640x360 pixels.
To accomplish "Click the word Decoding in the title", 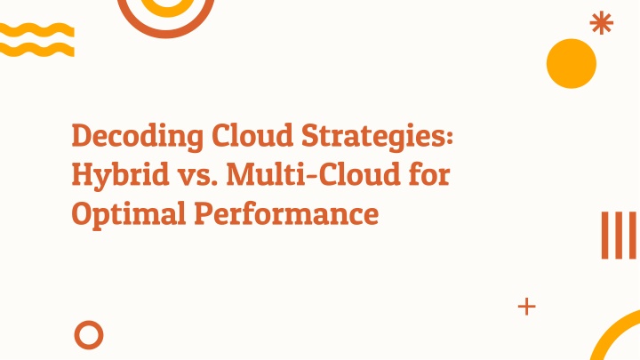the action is [137, 137].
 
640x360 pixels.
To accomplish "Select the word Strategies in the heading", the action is [372, 137].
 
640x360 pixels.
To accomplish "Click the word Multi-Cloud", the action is [313, 174].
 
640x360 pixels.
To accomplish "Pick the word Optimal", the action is [129, 214].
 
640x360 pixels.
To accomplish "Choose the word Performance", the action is [286, 214].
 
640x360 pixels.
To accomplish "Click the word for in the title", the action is [428, 174].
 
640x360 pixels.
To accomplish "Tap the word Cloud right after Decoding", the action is [252, 135].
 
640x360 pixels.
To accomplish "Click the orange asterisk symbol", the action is [602, 23].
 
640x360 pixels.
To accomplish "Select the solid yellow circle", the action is [572, 64].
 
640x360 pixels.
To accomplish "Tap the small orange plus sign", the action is [526, 307].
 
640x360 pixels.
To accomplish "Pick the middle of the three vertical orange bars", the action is [620, 235].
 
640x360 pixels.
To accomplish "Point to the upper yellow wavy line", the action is [36, 30].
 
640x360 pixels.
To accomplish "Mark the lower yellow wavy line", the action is [36, 50].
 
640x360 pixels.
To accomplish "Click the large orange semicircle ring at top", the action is [165, 35].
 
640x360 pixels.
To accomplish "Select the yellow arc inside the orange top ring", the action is [167, 13].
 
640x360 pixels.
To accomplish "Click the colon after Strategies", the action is [450, 137].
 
